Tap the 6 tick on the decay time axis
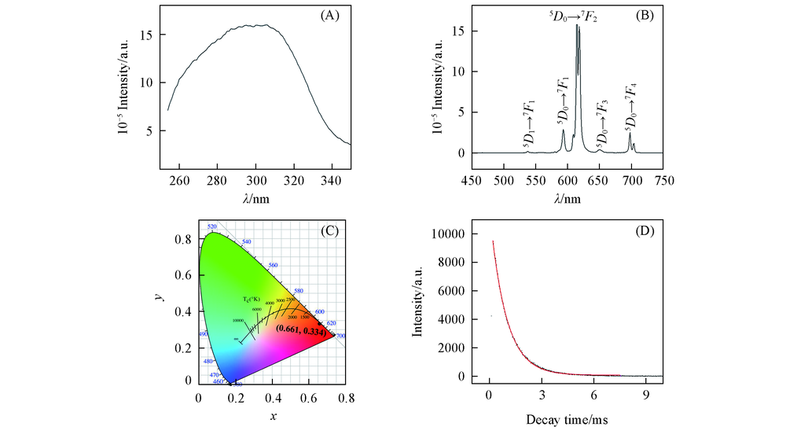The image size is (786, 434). pyautogui.click(x=593, y=395)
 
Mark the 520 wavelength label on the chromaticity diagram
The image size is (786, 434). pyautogui.click(x=211, y=226)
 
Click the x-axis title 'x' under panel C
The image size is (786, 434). pyautogui.click(x=273, y=416)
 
